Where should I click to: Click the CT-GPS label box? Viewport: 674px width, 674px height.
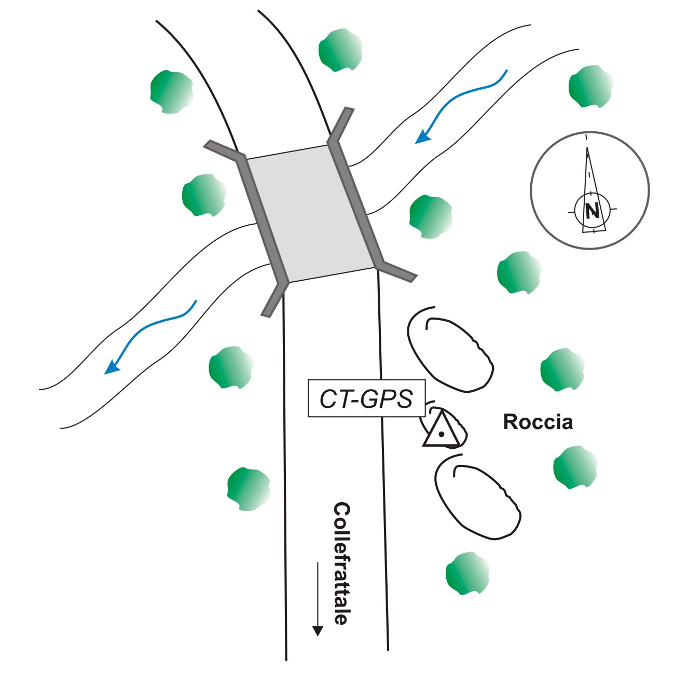pyautogui.click(x=366, y=399)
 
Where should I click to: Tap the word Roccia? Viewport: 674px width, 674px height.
pyautogui.click(x=538, y=422)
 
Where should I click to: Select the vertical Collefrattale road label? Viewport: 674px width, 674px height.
pyautogui.click(x=340, y=563)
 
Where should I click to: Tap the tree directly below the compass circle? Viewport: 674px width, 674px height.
pyautogui.click(x=519, y=272)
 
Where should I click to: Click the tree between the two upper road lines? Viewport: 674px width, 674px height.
pyautogui.click(x=340, y=50)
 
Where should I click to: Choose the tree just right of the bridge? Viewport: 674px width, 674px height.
pyautogui.click(x=430, y=216)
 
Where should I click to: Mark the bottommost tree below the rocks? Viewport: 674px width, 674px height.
pyautogui.click(x=467, y=573)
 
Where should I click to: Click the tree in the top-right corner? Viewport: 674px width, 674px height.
pyautogui.click(x=590, y=87)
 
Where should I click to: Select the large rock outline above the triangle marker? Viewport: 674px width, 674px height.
pyautogui.click(x=450, y=353)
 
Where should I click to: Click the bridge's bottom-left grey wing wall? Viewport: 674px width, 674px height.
pyautogui.click(x=274, y=299)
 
